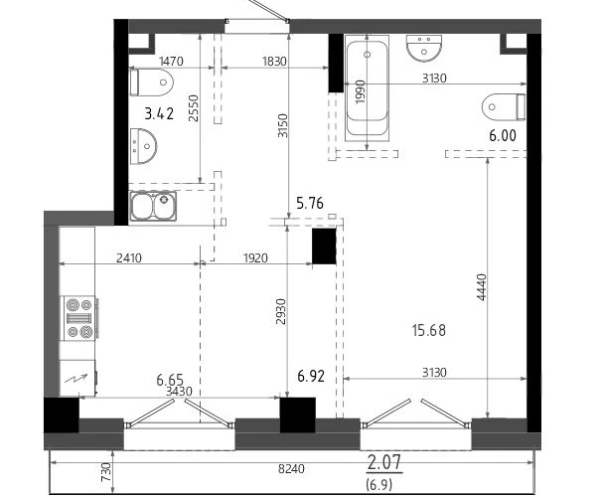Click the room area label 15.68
[x=429, y=330]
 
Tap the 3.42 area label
[x=159, y=113]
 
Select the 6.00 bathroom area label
[x=503, y=135]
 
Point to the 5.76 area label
[x=310, y=203]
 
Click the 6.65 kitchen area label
[x=170, y=380]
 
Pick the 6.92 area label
[x=311, y=376]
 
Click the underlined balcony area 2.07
[x=384, y=462]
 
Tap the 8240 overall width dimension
[x=291, y=468]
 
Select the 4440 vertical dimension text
[x=481, y=287]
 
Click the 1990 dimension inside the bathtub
[x=361, y=91]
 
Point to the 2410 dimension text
[x=129, y=257]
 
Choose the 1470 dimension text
[x=171, y=61]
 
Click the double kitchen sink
[x=153, y=206]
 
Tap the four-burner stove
[x=79, y=318]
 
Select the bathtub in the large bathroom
[x=367, y=88]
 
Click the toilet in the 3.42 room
[x=152, y=83]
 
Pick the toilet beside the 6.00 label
[x=504, y=106]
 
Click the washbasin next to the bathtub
[x=424, y=48]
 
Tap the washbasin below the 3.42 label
[x=143, y=146]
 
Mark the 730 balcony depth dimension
[x=106, y=472]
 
